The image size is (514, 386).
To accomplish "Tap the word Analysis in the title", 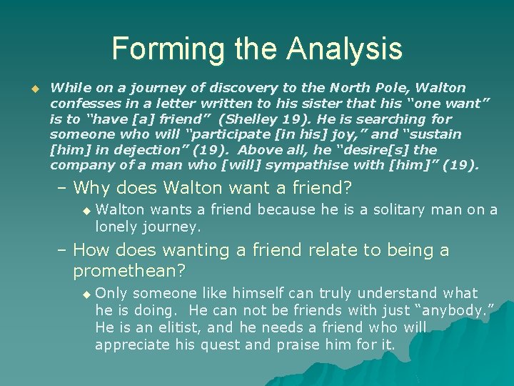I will point(345,49).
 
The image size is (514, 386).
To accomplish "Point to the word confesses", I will point(83,104).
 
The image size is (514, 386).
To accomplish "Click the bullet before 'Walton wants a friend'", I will point(86,210).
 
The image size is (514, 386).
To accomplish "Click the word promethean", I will point(126,270).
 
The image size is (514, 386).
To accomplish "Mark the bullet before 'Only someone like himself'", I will point(86,294).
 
